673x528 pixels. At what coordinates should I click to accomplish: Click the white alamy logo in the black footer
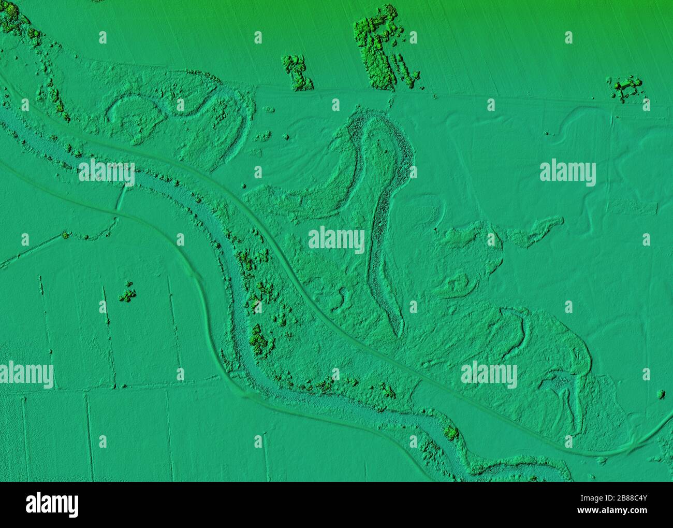(x=52, y=503)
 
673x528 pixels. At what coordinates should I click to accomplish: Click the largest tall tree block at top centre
(x=376, y=47)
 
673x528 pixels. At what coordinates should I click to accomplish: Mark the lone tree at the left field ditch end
(x=65, y=235)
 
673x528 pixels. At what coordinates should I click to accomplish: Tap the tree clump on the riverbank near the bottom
(x=451, y=432)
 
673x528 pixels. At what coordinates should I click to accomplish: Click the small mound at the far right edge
(x=661, y=394)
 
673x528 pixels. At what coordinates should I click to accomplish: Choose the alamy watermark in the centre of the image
(x=336, y=239)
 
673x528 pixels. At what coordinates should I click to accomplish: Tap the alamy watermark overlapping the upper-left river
(x=107, y=173)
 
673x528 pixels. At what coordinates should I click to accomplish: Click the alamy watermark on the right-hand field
(x=567, y=173)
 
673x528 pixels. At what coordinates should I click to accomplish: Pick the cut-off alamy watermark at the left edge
(x=26, y=375)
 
